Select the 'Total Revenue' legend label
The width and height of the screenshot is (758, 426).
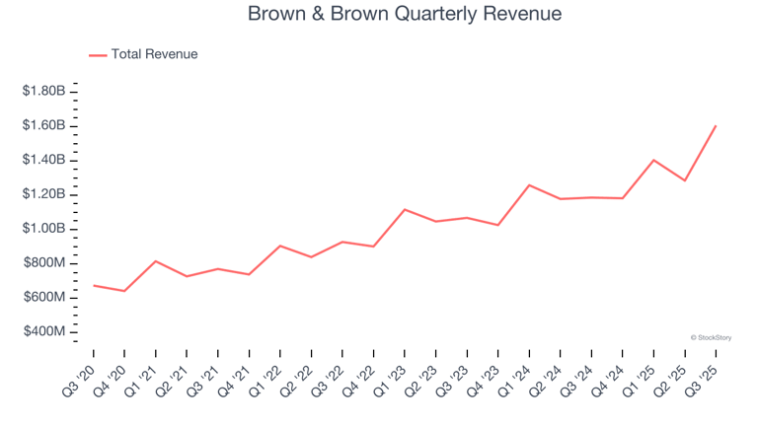pos(154,54)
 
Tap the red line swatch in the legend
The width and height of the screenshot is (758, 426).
pos(98,55)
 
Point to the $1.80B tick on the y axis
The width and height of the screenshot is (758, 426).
pos(45,91)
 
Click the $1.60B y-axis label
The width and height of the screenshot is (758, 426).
pos(45,125)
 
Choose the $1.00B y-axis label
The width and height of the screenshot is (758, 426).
pos(45,229)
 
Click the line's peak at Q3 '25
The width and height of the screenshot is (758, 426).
pos(716,125)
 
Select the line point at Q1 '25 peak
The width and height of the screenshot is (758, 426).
pos(653,160)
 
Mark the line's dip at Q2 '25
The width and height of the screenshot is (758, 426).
pos(684,180)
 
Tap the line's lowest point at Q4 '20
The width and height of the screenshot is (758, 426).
pos(124,291)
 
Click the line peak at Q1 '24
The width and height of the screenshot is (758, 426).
pos(529,184)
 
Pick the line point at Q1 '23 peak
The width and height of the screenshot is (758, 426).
pos(405,209)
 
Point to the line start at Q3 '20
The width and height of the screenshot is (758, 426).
pos(94,285)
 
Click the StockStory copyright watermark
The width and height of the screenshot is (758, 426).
pos(711,337)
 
